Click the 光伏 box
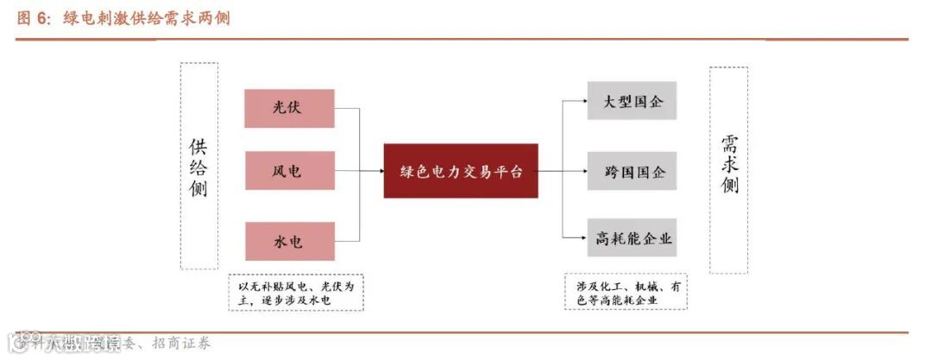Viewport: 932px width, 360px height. [x=290, y=108]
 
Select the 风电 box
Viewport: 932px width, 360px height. [x=290, y=171]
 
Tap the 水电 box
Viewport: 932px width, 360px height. [x=290, y=241]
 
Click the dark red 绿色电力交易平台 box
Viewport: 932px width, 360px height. [x=461, y=171]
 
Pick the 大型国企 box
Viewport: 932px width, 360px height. [x=632, y=100]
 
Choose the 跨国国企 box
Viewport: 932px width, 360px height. [x=632, y=171]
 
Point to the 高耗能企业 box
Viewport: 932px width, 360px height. [x=632, y=237]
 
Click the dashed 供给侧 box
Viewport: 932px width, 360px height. [x=198, y=166]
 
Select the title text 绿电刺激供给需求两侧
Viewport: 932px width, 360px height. [x=146, y=18]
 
